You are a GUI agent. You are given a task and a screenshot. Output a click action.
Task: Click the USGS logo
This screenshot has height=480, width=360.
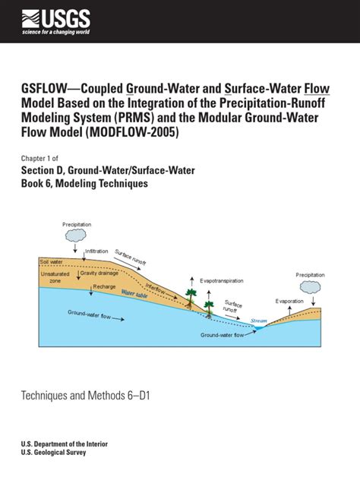tap(58, 22)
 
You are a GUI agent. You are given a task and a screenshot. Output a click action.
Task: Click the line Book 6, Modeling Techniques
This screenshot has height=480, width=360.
tap(84, 184)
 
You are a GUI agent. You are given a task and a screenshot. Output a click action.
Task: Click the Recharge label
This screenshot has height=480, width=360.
tap(104, 286)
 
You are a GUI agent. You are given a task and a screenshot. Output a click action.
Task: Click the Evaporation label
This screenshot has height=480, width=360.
tap(289, 302)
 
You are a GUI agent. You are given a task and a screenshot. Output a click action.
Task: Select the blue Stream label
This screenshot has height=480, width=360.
tap(259, 321)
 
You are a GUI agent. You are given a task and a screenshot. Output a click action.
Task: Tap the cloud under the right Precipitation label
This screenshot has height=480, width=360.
tap(310, 287)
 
